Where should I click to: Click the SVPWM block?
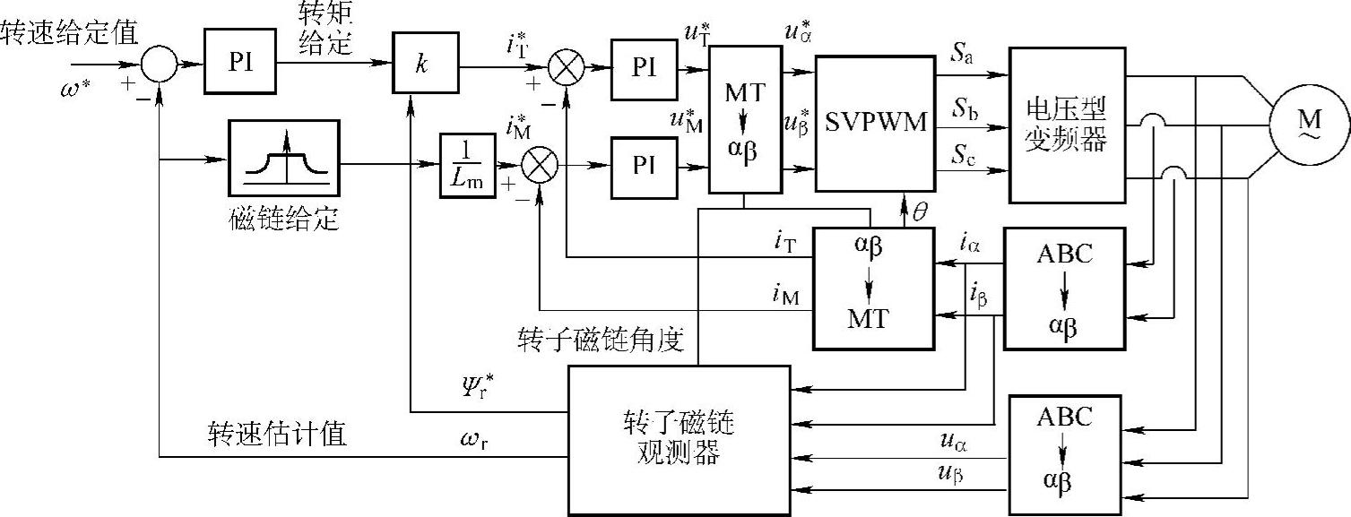(x=874, y=123)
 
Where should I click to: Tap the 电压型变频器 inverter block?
(x=1066, y=125)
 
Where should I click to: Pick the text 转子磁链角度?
(x=601, y=340)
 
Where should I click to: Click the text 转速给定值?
(x=69, y=33)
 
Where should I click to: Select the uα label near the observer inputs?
(x=953, y=442)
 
